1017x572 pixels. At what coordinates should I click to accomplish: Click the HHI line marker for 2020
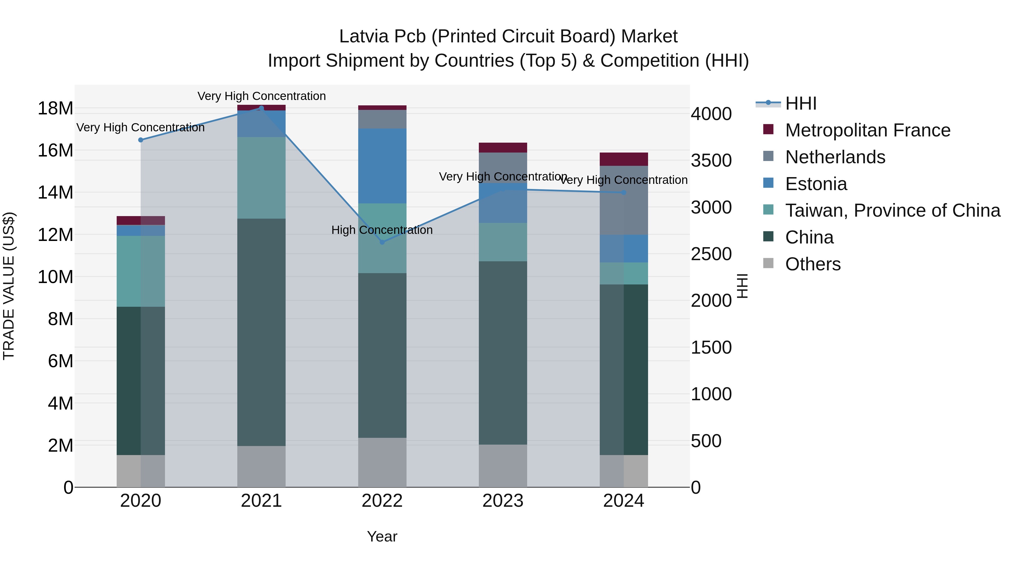pos(141,140)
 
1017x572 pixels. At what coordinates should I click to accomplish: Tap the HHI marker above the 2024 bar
pos(623,193)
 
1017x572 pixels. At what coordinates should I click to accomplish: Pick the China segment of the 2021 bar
pos(261,332)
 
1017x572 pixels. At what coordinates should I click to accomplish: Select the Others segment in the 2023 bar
pos(503,466)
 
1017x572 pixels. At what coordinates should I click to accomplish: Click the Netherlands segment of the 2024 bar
pos(623,200)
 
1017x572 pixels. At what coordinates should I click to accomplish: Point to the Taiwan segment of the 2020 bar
pos(141,271)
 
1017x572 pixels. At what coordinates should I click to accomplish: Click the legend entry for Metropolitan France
pos(867,130)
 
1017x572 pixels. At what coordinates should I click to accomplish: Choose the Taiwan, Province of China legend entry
pos(892,210)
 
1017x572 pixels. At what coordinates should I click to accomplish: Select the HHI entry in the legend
pos(800,103)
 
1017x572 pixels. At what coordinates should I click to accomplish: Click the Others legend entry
pos(812,264)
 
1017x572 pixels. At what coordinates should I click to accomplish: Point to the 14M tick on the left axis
pos(55,193)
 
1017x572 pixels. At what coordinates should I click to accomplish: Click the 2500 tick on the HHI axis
pos(711,254)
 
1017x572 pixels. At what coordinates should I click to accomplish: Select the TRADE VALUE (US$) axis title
pos(9,286)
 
